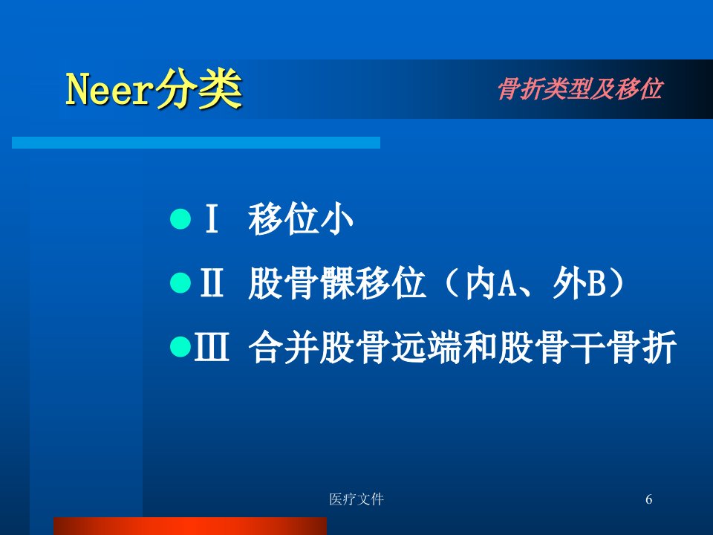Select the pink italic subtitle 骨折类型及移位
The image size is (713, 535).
pyautogui.click(x=580, y=88)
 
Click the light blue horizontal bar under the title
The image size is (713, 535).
pyautogui.click(x=196, y=143)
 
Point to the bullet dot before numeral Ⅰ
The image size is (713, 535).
pyautogui.click(x=180, y=219)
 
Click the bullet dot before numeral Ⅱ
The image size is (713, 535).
pyautogui.click(x=180, y=283)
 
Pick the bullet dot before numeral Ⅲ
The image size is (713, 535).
pyautogui.click(x=180, y=347)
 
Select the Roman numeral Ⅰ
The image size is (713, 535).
pyautogui.click(x=212, y=218)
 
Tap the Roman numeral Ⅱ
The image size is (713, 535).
pyautogui.click(x=212, y=282)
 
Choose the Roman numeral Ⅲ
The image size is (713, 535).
pyautogui.click(x=212, y=346)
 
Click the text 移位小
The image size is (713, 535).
pyautogui.click(x=301, y=218)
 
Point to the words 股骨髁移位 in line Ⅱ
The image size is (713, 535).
pyautogui.click(x=336, y=282)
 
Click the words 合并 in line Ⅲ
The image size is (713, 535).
pyautogui.click(x=284, y=346)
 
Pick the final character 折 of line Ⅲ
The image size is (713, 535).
pyautogui.click(x=659, y=346)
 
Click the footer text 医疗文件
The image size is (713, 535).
pyautogui.click(x=356, y=499)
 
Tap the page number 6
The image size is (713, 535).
pyautogui.click(x=649, y=499)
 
